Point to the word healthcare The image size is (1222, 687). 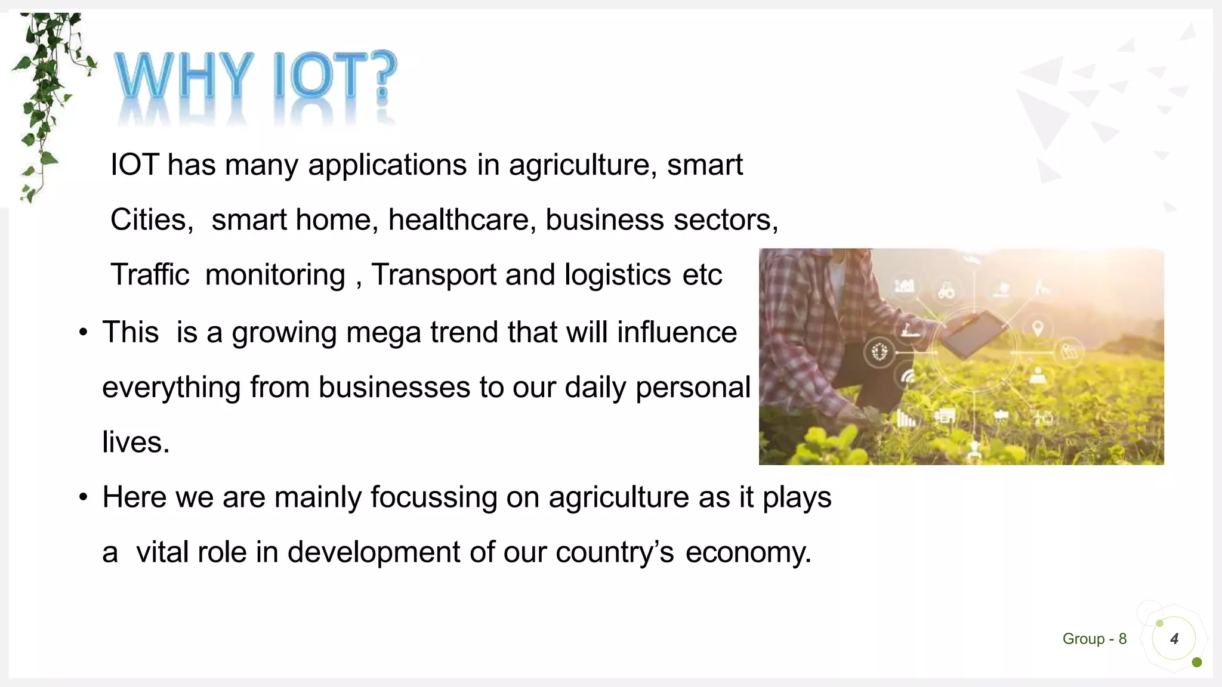458,219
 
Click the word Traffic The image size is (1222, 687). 150,275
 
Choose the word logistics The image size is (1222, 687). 618,275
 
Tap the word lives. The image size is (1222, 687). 135,442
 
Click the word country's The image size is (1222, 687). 615,552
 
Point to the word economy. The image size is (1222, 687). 748,552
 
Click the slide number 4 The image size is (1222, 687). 1174,639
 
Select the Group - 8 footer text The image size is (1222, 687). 1094,639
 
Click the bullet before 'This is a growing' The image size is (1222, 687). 84,332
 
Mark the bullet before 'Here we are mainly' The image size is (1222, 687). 84,497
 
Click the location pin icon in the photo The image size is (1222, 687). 1038,328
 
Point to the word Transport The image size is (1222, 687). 433,275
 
